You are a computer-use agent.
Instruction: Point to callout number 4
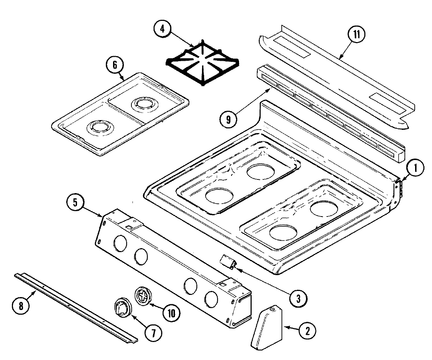163,29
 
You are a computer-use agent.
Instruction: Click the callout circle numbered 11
356,35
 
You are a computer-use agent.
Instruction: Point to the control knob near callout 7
122,308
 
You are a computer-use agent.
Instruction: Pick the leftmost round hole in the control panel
120,243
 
